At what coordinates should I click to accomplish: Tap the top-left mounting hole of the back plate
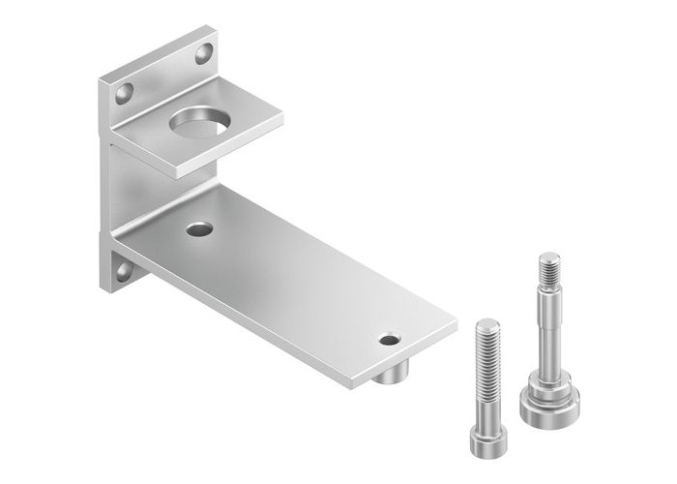point(124,94)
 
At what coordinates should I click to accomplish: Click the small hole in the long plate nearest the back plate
point(199,229)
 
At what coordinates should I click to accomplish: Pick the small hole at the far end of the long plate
point(389,341)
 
